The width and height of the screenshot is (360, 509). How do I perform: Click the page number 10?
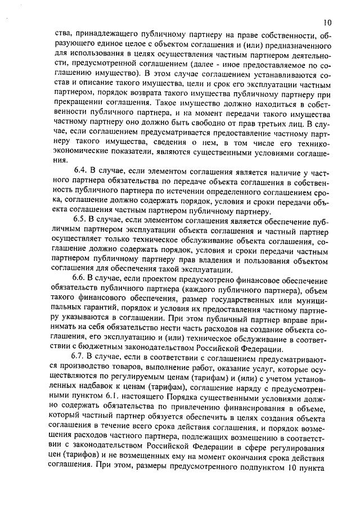point(327,22)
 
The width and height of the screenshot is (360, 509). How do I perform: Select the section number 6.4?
point(82,169)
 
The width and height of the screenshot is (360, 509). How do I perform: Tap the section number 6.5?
point(82,220)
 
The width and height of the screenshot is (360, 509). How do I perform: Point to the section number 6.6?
point(82,280)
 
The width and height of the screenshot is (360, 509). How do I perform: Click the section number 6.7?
point(82,358)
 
